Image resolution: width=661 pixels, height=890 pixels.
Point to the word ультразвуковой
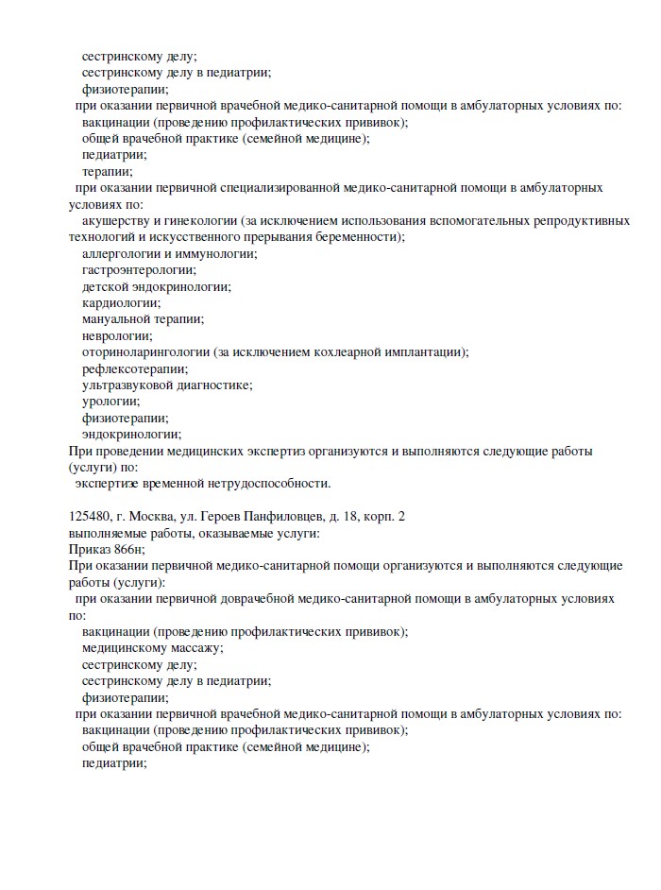click(x=128, y=385)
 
